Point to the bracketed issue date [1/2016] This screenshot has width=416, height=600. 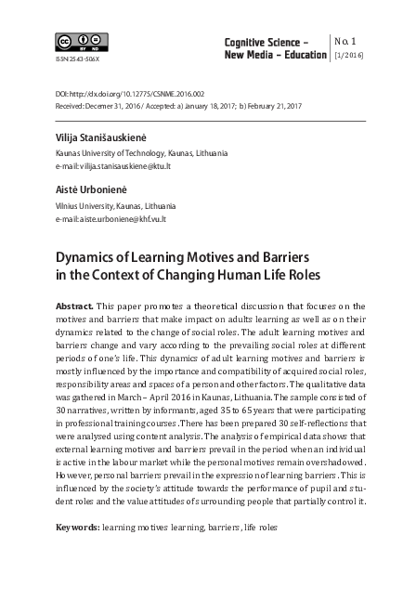[348, 57]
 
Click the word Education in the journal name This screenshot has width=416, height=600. [302, 56]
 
